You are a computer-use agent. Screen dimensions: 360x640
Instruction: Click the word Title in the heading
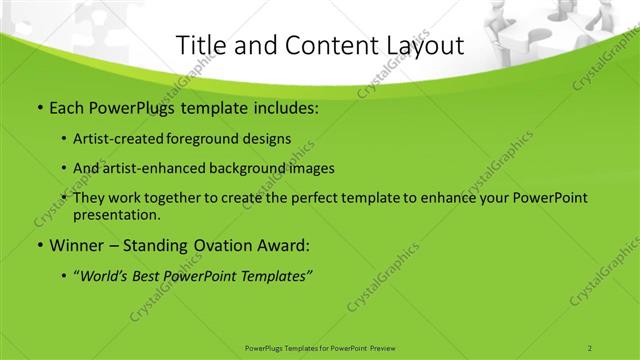click(199, 45)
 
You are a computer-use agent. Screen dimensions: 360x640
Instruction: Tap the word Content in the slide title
click(322, 45)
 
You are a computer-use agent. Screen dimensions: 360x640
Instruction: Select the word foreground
click(218, 139)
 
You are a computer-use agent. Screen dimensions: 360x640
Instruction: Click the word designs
click(272, 139)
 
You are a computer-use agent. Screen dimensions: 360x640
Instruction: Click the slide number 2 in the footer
click(590, 347)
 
